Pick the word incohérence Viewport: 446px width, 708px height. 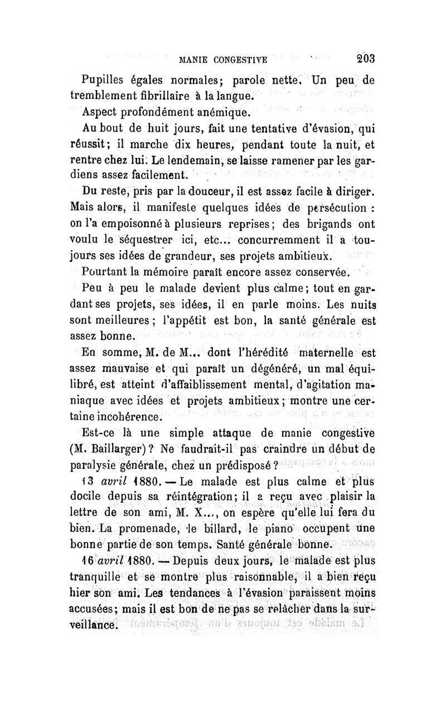click(x=128, y=416)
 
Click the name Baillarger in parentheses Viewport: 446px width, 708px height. click(x=129, y=448)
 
